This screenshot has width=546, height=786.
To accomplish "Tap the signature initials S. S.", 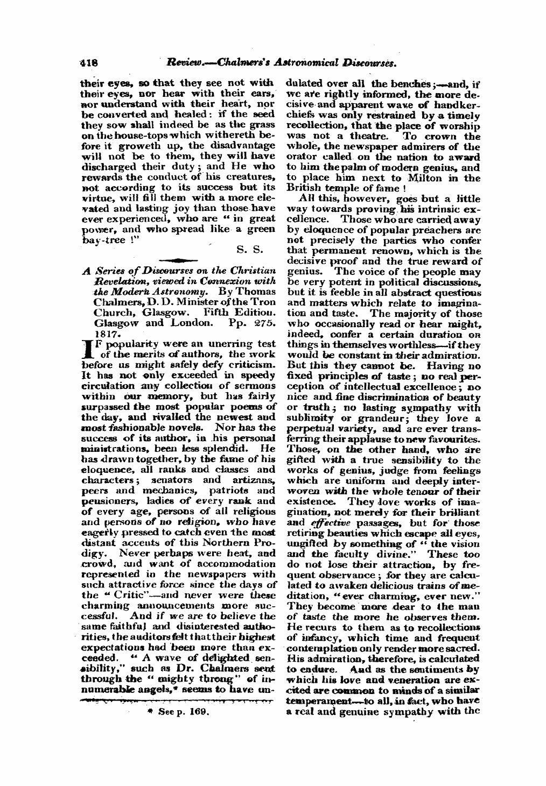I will click(249, 250).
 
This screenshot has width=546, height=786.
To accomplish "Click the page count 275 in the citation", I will click(264, 324).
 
